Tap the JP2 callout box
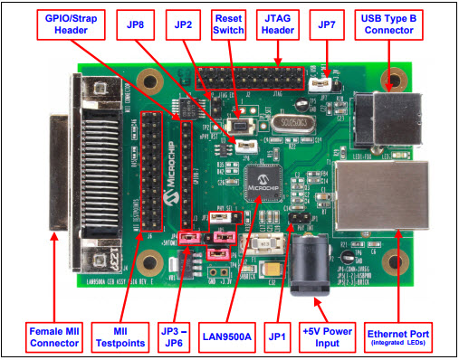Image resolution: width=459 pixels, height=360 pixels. pyautogui.click(x=184, y=24)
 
